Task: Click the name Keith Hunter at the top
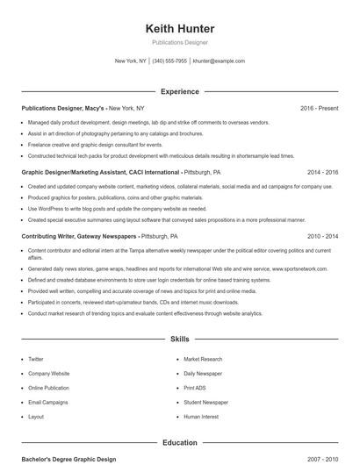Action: (x=180, y=29)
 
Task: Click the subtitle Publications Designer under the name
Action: (x=180, y=42)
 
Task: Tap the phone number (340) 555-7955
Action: (x=169, y=61)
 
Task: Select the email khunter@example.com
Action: (x=219, y=61)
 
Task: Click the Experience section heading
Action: (x=180, y=91)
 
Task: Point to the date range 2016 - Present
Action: (x=319, y=108)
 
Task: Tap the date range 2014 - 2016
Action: (x=322, y=173)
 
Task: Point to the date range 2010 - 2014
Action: (x=322, y=237)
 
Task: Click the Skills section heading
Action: (x=180, y=338)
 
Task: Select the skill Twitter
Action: (x=36, y=359)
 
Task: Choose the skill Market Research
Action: (x=203, y=359)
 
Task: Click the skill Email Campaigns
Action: (x=47, y=402)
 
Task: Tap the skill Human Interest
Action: (x=200, y=417)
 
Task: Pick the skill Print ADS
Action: (x=195, y=388)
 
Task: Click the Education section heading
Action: (x=180, y=443)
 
